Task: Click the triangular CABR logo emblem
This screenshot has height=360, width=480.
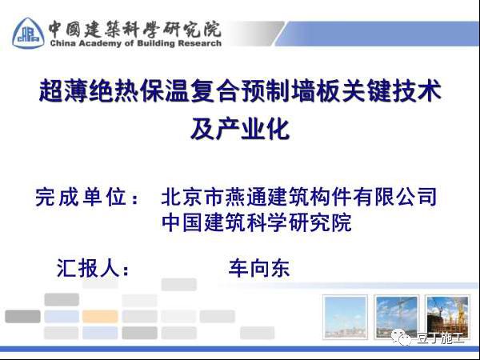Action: pos(28,33)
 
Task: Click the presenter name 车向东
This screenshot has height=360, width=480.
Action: pos(259,269)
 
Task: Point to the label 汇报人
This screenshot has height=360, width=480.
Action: pos(93,269)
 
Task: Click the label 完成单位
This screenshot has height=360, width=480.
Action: pos(87,197)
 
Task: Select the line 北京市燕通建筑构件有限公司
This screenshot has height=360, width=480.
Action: pos(298,197)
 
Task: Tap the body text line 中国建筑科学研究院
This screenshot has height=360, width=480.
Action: pos(257,222)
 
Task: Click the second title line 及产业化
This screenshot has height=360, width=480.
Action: pos(240,129)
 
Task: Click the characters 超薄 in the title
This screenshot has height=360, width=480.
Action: pos(64,90)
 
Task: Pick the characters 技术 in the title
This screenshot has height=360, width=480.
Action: pos(416,90)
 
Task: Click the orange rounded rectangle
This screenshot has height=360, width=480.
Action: pos(100,316)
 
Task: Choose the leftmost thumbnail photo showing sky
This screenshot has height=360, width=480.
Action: pos(345,317)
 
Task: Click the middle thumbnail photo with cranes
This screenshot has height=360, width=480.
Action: pos(396,317)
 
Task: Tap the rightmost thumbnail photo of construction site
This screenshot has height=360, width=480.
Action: pos(447,317)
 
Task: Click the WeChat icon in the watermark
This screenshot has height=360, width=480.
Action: pos(402,338)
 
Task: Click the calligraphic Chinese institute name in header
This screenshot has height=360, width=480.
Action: pos(134,29)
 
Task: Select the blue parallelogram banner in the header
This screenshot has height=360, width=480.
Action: pos(378,34)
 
